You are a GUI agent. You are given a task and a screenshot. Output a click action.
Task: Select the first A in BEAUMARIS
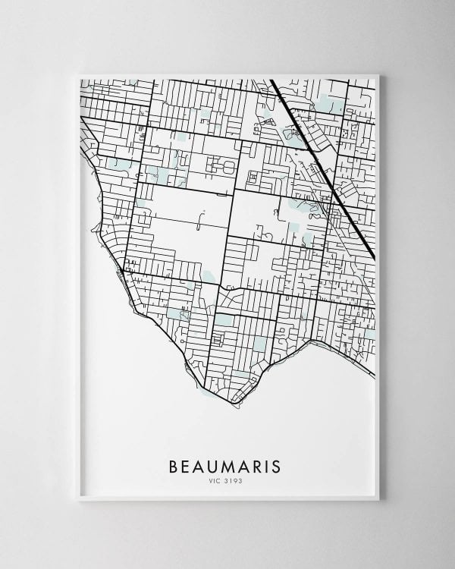tap(198, 465)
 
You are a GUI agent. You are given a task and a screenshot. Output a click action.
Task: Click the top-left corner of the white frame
tap(79, 74)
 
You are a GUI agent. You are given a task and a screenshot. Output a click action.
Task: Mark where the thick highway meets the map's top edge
tap(271, 80)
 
